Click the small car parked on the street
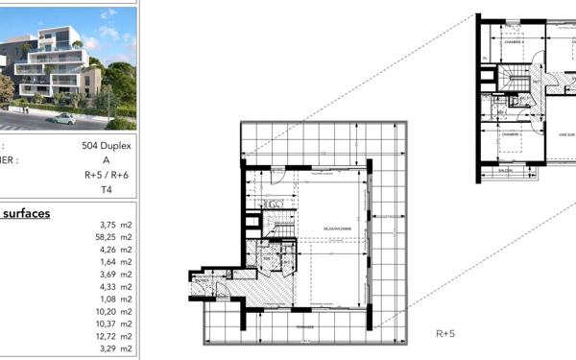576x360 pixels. pos(63,118)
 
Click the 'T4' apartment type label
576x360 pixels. pos(119,190)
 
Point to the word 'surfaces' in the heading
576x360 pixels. pos(26,213)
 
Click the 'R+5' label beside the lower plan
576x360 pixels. pos(445,334)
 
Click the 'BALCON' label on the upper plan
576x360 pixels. pos(504,171)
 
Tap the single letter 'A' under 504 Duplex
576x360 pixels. pos(119,161)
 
